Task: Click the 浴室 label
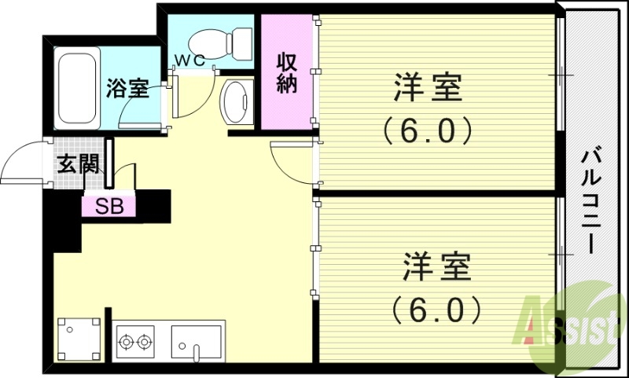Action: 128,89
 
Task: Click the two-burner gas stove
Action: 134,342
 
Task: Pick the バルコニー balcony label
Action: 590,200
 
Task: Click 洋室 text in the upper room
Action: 427,87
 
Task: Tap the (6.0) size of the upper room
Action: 427,130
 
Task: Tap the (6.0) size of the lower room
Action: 436,310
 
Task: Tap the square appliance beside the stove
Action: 79,338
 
